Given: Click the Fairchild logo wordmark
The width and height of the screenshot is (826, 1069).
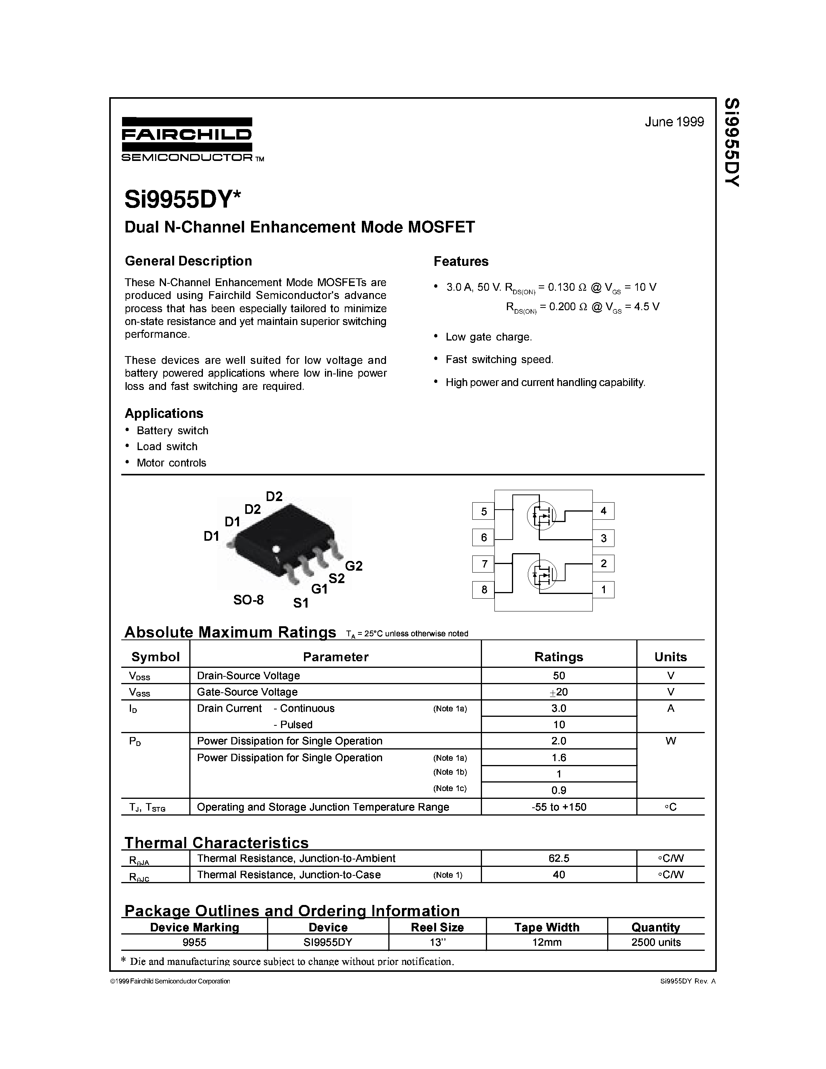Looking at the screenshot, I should click(187, 134).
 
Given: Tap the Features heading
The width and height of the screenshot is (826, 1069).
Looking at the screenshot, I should click(461, 261).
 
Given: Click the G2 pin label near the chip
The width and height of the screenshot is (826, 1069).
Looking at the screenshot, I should click(353, 566).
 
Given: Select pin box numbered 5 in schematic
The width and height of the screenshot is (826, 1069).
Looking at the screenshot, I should click(484, 512).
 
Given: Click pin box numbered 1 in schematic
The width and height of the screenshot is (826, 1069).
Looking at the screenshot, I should click(603, 589).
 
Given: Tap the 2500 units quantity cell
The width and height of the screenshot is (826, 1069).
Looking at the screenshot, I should click(656, 942).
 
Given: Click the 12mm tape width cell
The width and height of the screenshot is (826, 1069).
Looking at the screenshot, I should click(547, 942).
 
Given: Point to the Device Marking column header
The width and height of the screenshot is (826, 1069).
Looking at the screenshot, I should click(194, 927).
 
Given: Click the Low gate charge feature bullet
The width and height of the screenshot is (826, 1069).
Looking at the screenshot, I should click(488, 337).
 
